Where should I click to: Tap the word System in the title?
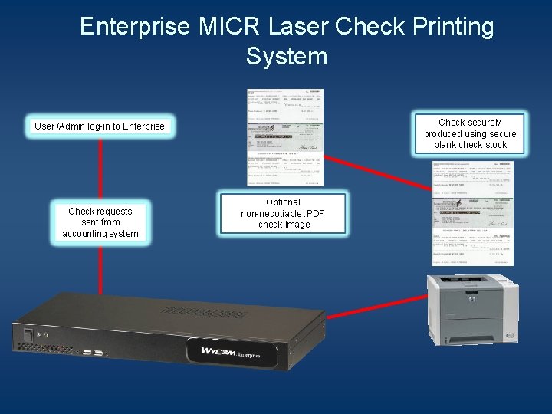287,56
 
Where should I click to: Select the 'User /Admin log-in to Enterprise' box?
100,126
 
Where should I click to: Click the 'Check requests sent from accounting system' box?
100,222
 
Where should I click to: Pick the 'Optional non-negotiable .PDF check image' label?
284,214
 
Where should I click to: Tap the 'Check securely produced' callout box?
470,133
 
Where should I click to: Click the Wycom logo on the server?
222,352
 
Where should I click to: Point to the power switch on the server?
28,335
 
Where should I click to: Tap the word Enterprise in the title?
135,27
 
